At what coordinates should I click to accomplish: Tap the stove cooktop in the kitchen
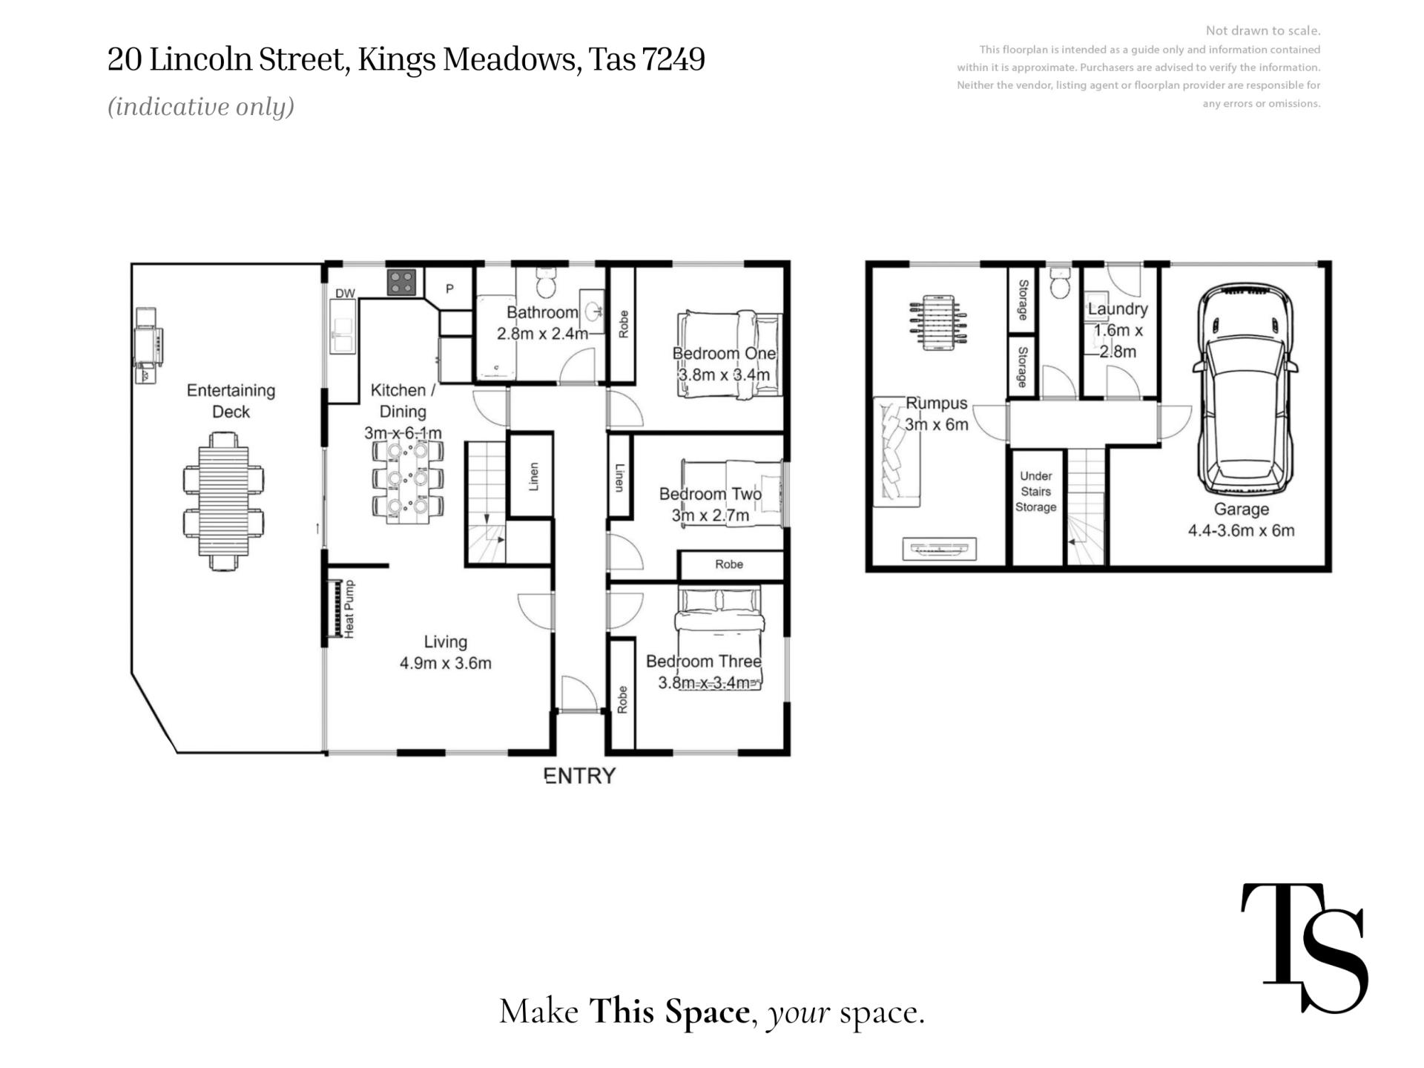pos(401,282)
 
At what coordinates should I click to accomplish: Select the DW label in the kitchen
pos(345,294)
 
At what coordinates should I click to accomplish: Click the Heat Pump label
pos(349,609)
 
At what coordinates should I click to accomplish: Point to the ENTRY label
pos(580,776)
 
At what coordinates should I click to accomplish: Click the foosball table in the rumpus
pos(937,323)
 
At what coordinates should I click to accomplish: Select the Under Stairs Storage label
pos(1035,492)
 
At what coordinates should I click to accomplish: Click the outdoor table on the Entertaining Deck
pos(223,502)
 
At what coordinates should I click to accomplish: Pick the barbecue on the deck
pos(148,346)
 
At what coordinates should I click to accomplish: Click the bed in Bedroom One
pos(730,355)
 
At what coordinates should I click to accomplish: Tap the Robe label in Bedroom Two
pos(729,564)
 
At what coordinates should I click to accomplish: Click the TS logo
pos(1304,947)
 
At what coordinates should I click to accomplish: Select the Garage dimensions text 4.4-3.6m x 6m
pos(1242,531)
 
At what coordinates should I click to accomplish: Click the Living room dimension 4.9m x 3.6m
pos(446,663)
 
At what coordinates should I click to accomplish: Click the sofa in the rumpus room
pos(897,452)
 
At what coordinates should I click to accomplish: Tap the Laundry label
pos(1118,309)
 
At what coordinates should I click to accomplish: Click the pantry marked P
pos(449,289)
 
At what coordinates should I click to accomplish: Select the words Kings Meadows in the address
pos(469,60)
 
